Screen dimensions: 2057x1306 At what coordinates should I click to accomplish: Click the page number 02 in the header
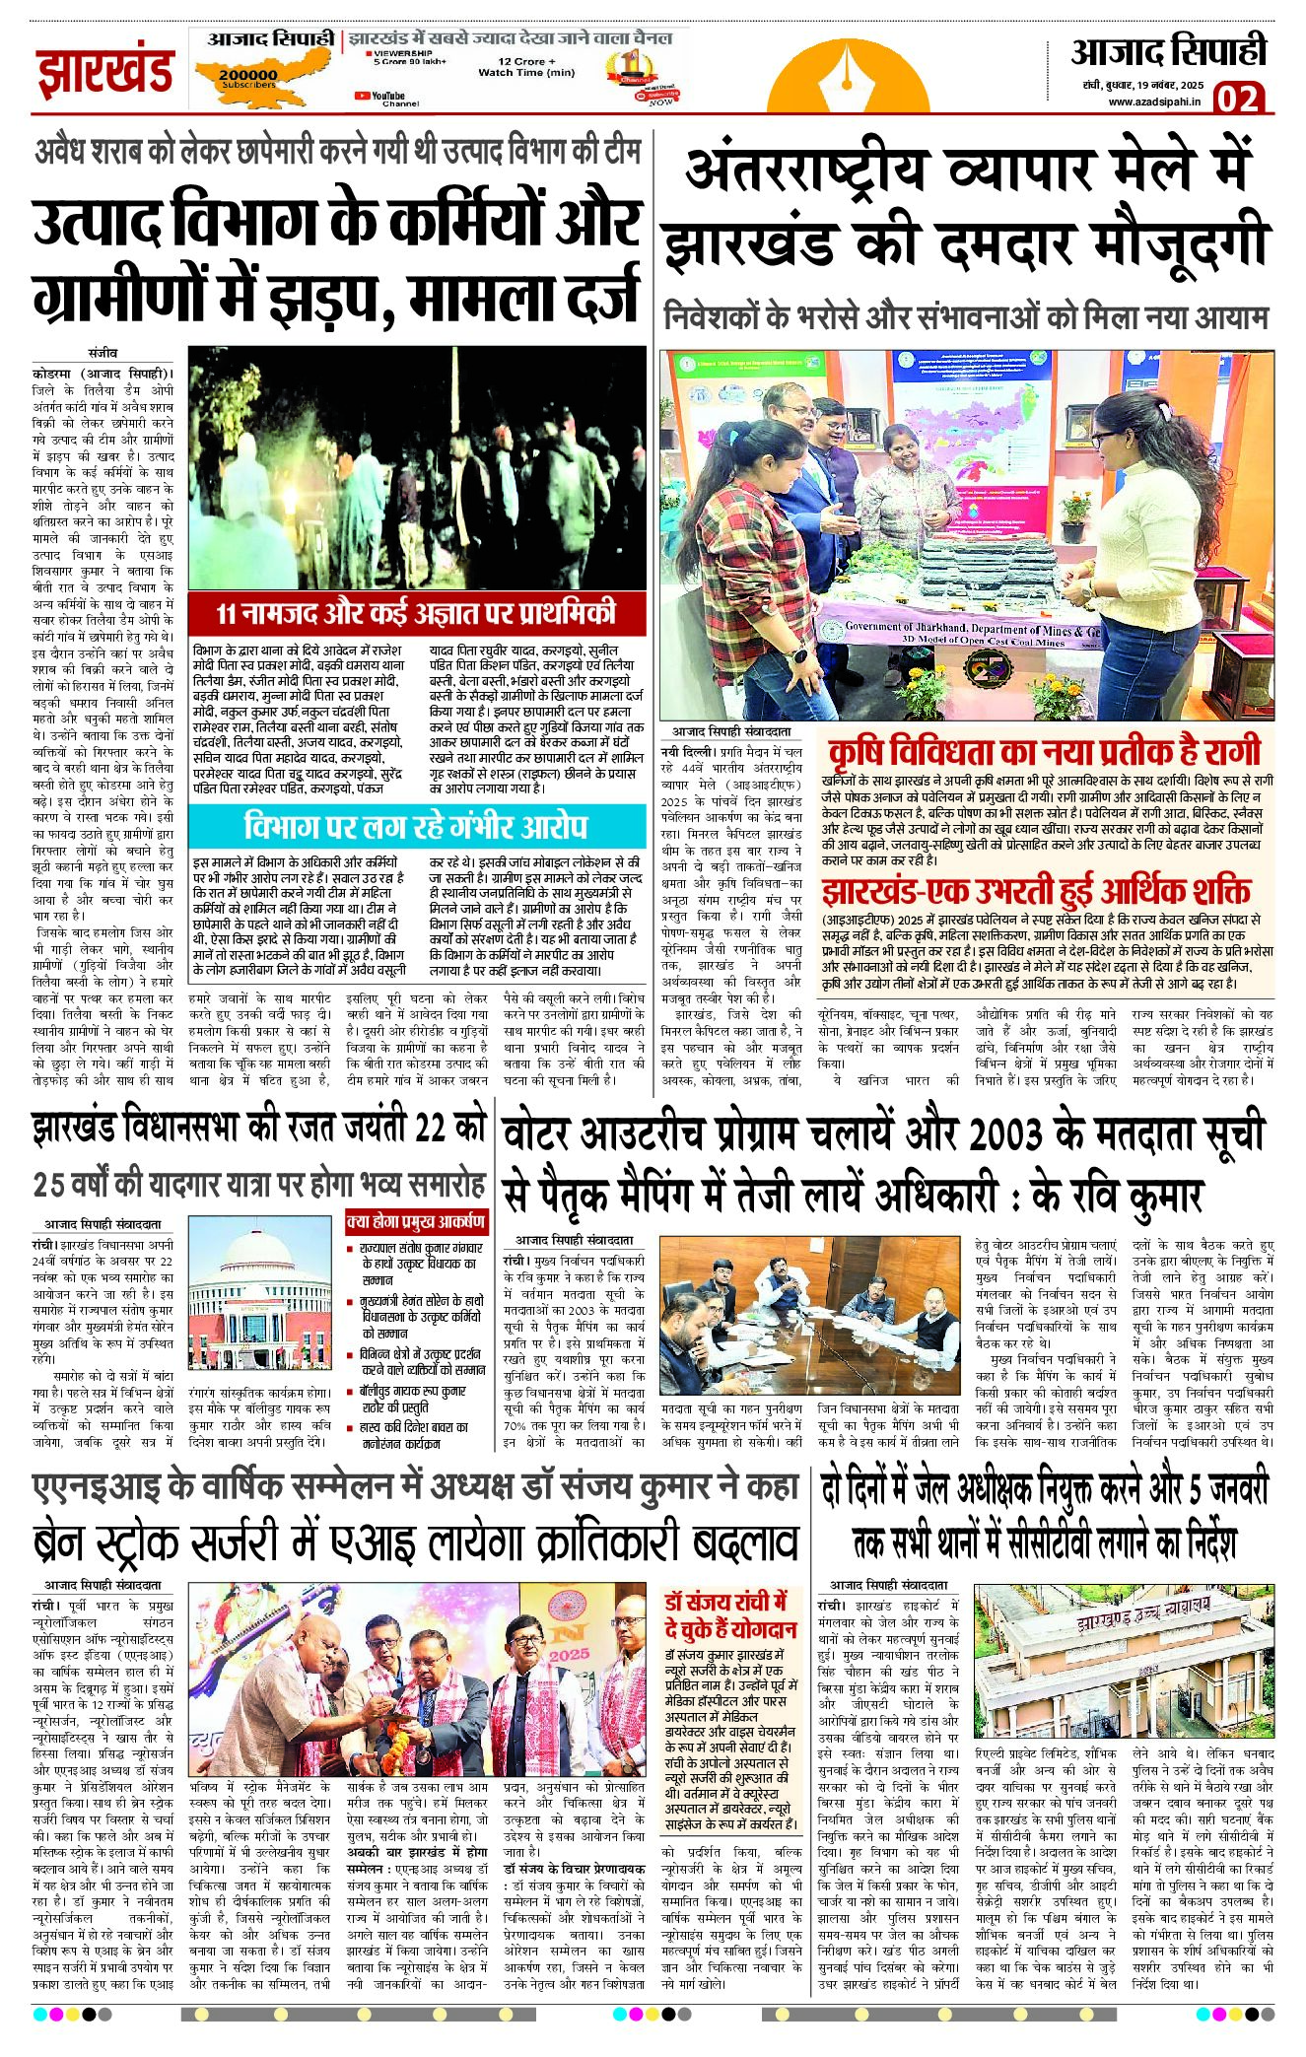pyautogui.click(x=1239, y=98)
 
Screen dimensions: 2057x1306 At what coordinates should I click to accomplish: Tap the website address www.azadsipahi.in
pyautogui.click(x=1154, y=101)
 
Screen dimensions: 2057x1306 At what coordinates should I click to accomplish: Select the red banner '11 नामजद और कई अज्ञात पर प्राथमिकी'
pyautogui.click(x=416, y=613)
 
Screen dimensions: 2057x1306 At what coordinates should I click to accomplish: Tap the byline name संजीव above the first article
pyautogui.click(x=102, y=352)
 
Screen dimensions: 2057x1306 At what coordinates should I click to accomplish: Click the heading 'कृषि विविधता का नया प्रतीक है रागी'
pyautogui.click(x=1045, y=751)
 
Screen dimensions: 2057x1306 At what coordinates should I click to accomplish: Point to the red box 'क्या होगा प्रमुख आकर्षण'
pyautogui.click(x=416, y=1221)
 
